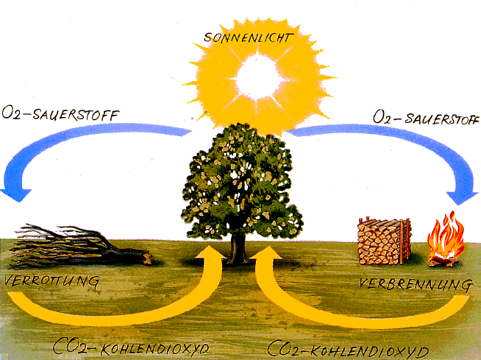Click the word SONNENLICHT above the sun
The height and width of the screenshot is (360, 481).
pos(240,36)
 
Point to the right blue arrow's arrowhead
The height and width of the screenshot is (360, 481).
pos(463,195)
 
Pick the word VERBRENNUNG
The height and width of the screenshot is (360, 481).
pos(416,283)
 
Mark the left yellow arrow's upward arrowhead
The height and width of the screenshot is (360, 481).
pos(212,258)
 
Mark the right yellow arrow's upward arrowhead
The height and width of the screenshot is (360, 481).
pos(265,258)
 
